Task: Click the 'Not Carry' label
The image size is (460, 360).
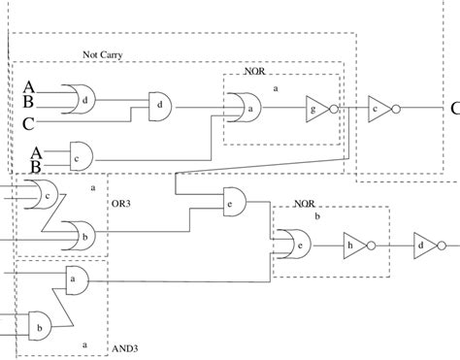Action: point(104,55)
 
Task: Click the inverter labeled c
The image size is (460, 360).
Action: point(377,109)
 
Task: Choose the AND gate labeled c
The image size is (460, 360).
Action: point(77,156)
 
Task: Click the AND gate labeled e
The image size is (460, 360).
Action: point(233,203)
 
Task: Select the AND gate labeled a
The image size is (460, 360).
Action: point(75,279)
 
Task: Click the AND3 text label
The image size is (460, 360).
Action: point(128,348)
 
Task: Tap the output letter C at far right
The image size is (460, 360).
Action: point(454,110)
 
